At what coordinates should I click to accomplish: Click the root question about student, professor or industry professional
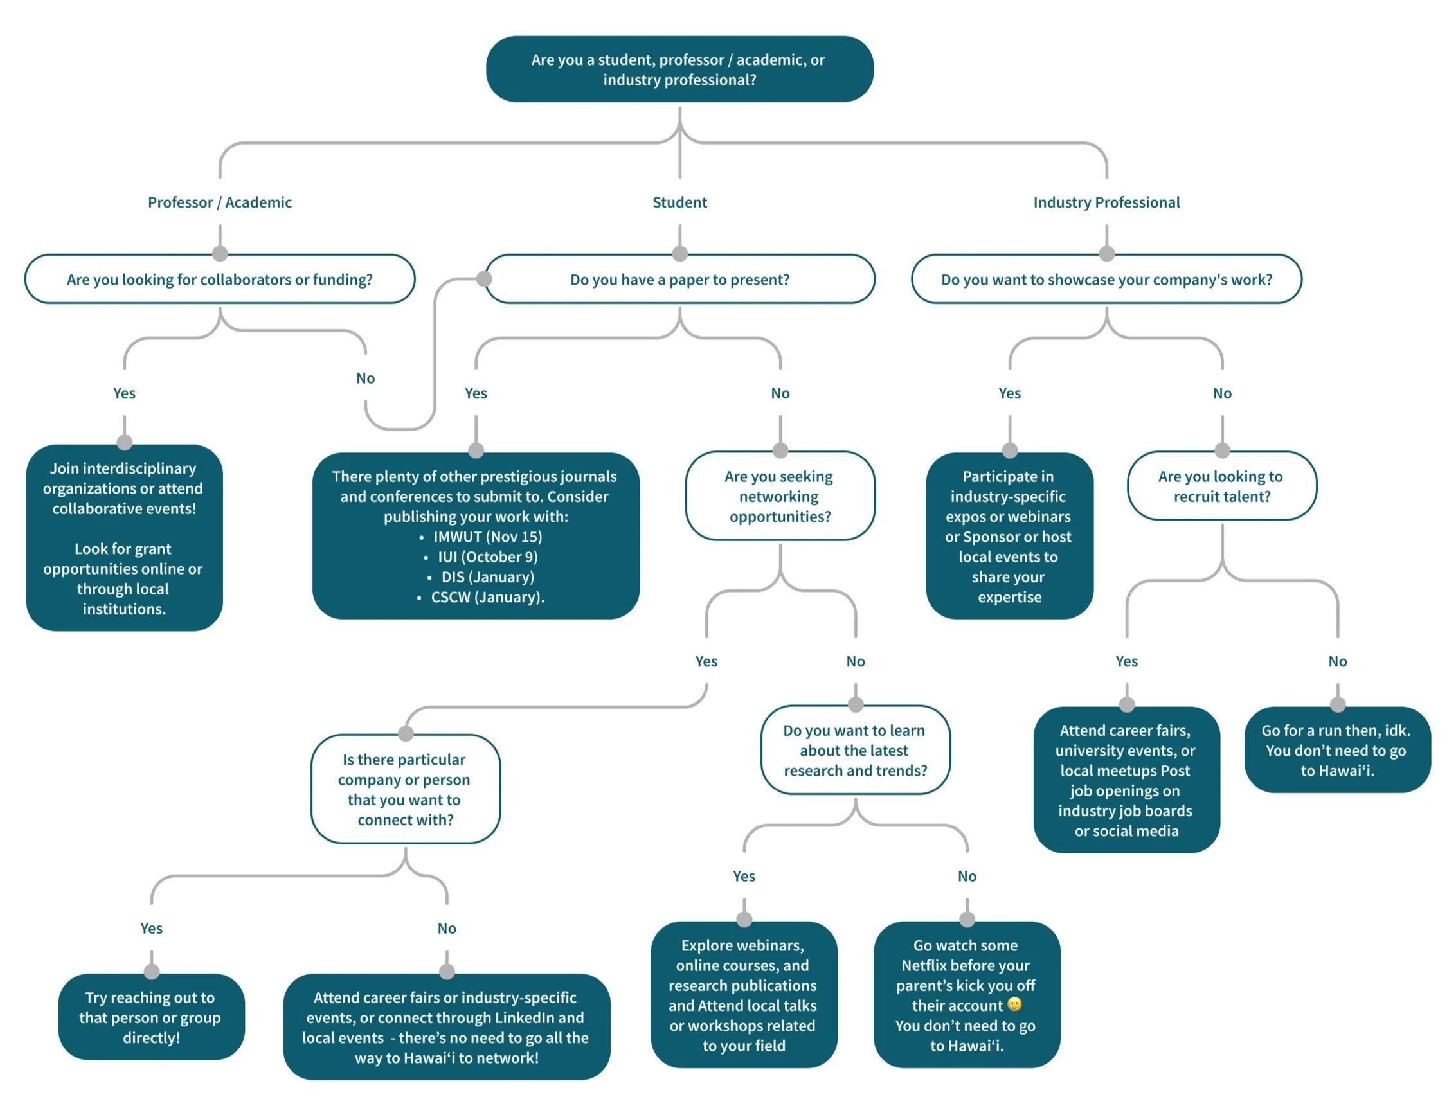pos(679,69)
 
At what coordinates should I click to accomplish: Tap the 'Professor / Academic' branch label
pos(219,202)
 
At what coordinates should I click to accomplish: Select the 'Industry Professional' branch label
pos(1106,202)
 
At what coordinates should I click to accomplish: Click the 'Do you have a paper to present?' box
pos(679,279)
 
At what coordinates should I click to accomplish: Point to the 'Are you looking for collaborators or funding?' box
pos(219,279)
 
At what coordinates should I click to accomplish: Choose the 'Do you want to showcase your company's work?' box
pos(1106,279)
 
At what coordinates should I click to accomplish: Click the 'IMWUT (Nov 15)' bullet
pos(481,537)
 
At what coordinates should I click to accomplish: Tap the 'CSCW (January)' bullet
pos(481,597)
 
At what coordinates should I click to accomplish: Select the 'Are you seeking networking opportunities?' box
pos(780,495)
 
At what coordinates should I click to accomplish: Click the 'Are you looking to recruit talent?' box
pos(1222,486)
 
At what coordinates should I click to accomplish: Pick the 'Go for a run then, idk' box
pos(1338,750)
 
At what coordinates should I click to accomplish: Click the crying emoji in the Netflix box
pos(1014,1004)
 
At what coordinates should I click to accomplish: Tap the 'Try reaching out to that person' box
pos(152,1017)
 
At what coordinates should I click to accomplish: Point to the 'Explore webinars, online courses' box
pos(744,995)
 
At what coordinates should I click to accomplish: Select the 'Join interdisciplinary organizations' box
pos(125,538)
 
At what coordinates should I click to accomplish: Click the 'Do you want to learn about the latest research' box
pos(856,750)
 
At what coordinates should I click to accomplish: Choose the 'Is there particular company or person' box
pos(406,789)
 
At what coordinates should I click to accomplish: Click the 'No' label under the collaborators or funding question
pos(366,378)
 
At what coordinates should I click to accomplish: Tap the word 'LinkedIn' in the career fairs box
pos(524,1018)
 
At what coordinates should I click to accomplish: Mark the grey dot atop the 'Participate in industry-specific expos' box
pos(1009,450)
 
